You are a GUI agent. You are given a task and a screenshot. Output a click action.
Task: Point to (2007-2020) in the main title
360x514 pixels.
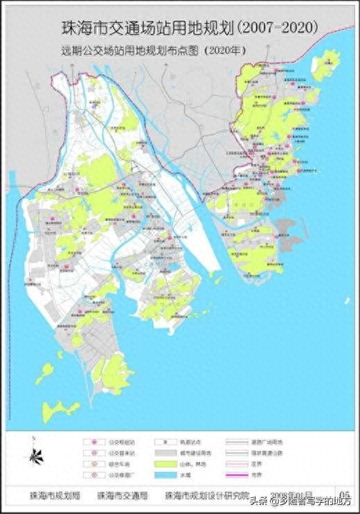278,27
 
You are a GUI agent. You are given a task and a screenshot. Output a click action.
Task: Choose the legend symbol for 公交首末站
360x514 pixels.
88,452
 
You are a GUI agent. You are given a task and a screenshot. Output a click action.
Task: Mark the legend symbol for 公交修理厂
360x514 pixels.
88,475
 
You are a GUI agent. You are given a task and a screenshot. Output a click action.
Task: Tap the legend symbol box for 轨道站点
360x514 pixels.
156,441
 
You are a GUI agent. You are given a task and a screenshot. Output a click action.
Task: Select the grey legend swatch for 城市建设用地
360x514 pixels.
156,452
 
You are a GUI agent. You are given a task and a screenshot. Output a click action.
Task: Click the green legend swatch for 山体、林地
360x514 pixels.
156,463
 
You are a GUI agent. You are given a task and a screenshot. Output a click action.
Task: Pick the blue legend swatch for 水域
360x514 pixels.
156,475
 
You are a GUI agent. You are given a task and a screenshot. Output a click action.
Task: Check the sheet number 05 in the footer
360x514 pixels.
343,494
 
